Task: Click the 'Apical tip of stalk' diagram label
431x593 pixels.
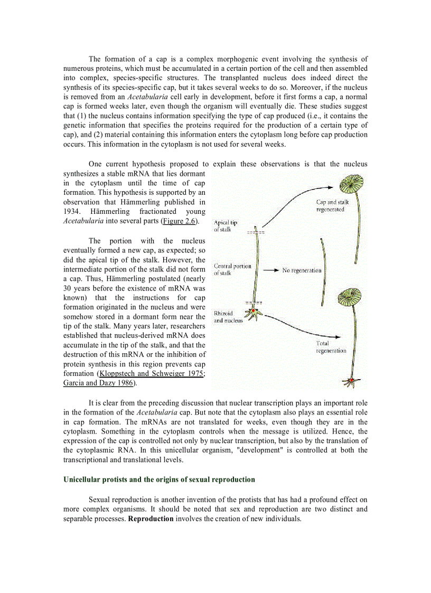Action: [226, 226]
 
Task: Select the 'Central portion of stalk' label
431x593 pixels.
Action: [232, 269]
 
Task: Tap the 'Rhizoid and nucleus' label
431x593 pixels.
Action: [228, 317]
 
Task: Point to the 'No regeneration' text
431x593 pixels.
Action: [302, 270]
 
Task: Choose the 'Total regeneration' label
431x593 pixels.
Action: [331, 347]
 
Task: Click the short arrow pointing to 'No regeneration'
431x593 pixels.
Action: [270, 270]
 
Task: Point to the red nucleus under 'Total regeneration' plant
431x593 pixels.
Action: [350, 380]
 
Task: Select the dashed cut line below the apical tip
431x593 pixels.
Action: [256, 232]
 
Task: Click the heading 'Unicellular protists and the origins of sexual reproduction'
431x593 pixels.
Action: [159, 480]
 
